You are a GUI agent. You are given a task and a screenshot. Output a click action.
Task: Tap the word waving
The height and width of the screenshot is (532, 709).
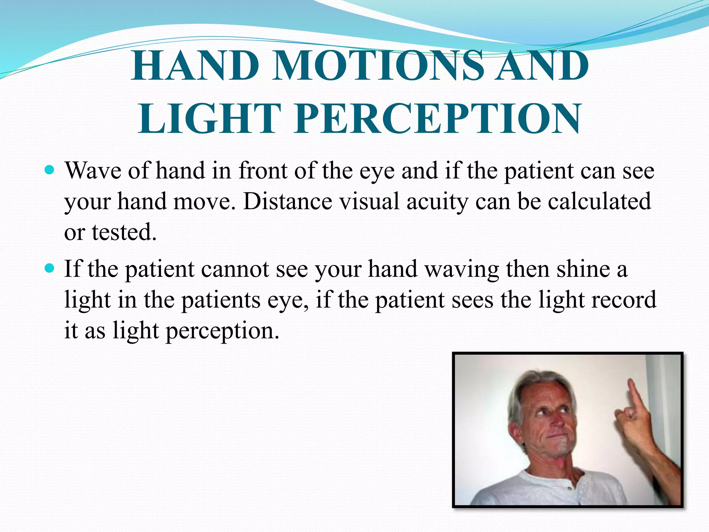pyautogui.click(x=462, y=269)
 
